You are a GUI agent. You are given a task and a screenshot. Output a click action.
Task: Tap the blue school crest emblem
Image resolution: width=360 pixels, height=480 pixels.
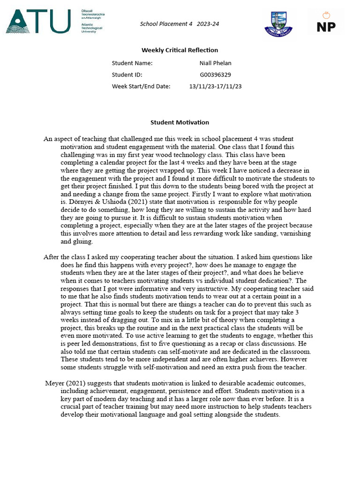point(278,22)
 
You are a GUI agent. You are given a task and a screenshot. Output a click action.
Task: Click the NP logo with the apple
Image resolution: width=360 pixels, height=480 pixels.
point(326,22)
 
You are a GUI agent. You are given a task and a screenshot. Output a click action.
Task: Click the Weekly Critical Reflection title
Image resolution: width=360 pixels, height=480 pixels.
point(180,50)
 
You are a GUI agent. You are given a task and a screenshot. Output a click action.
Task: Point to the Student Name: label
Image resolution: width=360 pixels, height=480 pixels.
point(132,63)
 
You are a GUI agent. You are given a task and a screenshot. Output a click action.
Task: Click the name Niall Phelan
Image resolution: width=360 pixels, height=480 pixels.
point(215,63)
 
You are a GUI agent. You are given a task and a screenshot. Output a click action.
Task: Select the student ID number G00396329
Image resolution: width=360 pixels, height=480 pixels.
point(215,75)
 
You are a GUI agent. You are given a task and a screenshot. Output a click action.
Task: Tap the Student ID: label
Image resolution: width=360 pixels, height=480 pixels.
point(127,75)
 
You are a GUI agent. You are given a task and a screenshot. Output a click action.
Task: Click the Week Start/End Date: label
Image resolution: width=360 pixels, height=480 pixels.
point(141,86)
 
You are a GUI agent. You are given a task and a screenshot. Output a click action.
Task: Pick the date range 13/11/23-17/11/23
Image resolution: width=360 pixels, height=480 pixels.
point(215,86)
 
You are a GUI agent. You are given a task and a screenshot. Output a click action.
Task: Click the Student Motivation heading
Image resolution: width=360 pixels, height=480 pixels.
point(180,122)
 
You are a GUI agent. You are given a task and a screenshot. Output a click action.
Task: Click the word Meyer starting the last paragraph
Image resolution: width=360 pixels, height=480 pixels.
point(54,383)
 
